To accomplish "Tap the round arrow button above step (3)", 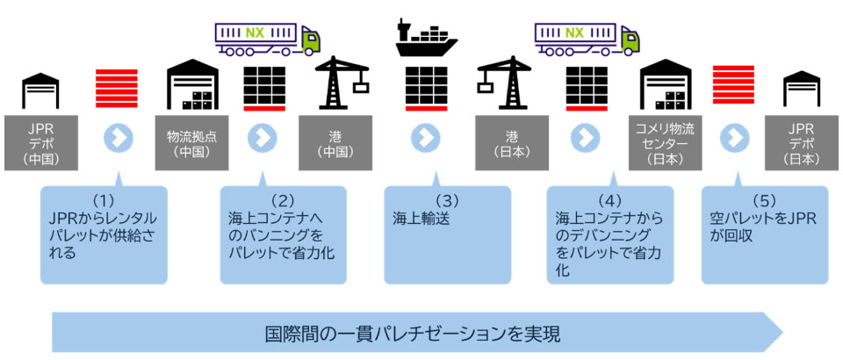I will tap(424, 138).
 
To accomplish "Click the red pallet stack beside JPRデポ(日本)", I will tap(735, 90).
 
